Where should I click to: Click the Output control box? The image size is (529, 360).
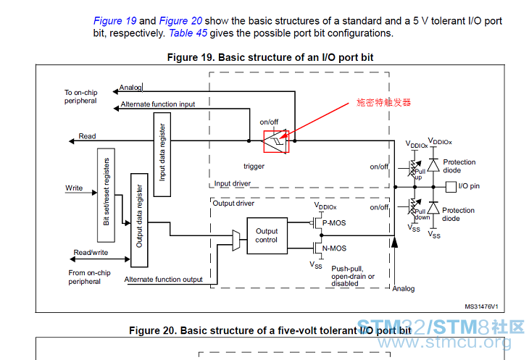pyautogui.click(x=267, y=235)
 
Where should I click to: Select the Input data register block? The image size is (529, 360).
pyautogui.click(x=162, y=154)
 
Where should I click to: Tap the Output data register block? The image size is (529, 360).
pyautogui.click(x=139, y=220)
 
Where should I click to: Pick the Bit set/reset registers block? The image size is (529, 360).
pyautogui.click(x=107, y=195)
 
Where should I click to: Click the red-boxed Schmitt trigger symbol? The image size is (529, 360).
pyautogui.click(x=276, y=141)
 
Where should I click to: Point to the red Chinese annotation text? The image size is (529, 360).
pyautogui.click(x=383, y=102)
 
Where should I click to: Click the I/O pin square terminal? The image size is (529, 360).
pyautogui.click(x=451, y=187)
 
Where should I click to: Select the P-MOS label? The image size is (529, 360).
pyautogui.click(x=334, y=223)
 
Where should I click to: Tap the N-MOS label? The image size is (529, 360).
pyautogui.click(x=334, y=248)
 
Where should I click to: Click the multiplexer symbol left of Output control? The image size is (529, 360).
pyautogui.click(x=236, y=240)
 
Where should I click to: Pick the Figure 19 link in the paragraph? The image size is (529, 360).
pyautogui.click(x=115, y=21)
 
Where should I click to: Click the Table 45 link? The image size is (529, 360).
pyautogui.click(x=188, y=33)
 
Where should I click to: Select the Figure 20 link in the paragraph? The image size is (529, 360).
pyautogui.click(x=181, y=21)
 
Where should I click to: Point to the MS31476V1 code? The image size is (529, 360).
pyautogui.click(x=481, y=306)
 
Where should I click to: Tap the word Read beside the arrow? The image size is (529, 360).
pyautogui.click(x=88, y=136)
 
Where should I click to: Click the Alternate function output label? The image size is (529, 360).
pyautogui.click(x=163, y=280)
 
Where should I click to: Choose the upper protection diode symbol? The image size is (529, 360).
pyautogui.click(x=433, y=165)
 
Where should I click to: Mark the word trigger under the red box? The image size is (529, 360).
pyautogui.click(x=254, y=166)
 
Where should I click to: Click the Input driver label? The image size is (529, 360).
pyautogui.click(x=233, y=184)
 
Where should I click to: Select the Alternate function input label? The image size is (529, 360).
pyautogui.click(x=158, y=104)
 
